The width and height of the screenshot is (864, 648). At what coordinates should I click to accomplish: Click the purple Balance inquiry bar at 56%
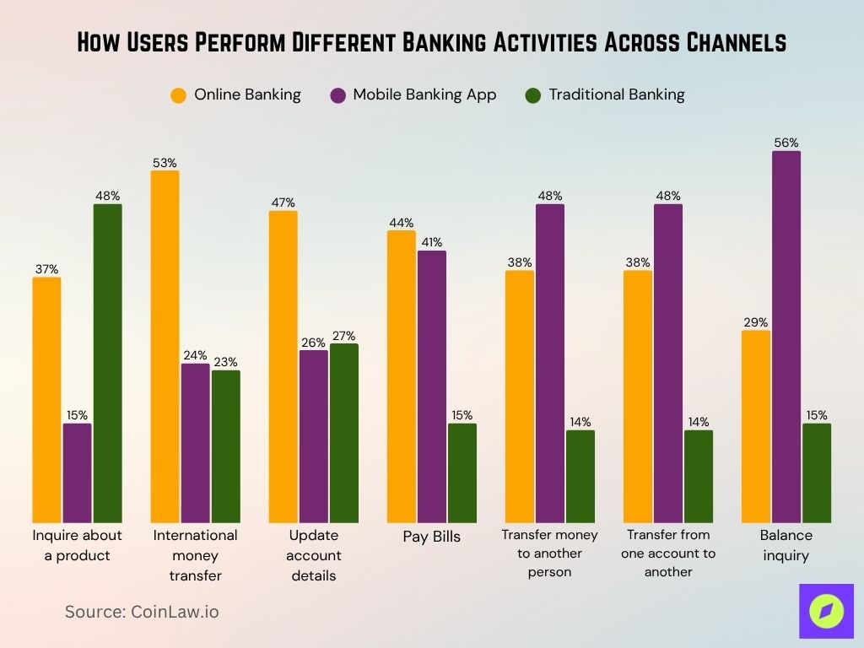coord(786,337)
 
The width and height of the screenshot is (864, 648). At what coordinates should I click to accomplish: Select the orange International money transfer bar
coord(165,346)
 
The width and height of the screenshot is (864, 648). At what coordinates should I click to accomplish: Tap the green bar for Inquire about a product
coord(107,363)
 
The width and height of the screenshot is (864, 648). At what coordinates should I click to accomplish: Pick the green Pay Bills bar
coord(462,472)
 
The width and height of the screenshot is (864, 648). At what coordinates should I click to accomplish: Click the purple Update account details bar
coord(313,436)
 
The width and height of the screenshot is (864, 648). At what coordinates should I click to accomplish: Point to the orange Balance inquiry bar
coord(755,426)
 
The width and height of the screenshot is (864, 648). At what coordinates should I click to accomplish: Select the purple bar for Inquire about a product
coord(77,472)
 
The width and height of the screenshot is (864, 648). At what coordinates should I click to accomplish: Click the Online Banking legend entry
coord(235,94)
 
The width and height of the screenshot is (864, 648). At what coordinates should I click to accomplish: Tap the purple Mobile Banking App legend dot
coord(337,95)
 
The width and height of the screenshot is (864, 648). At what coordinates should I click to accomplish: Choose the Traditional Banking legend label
coord(616,94)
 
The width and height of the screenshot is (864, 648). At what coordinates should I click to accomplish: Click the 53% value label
coord(165,163)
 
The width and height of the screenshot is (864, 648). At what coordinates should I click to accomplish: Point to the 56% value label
coord(786,143)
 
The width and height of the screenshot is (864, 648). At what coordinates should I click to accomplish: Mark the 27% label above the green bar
coord(343,336)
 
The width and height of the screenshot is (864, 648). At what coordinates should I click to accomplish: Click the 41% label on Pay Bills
coord(431,243)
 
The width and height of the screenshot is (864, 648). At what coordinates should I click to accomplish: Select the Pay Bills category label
coord(431,537)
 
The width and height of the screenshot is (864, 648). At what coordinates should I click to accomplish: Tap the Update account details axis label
coord(313,555)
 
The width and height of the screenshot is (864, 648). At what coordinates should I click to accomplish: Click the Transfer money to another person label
coord(549,553)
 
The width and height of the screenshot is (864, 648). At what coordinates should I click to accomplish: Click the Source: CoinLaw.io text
coord(142,612)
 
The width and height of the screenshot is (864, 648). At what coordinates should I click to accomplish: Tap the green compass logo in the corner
coord(826,611)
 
